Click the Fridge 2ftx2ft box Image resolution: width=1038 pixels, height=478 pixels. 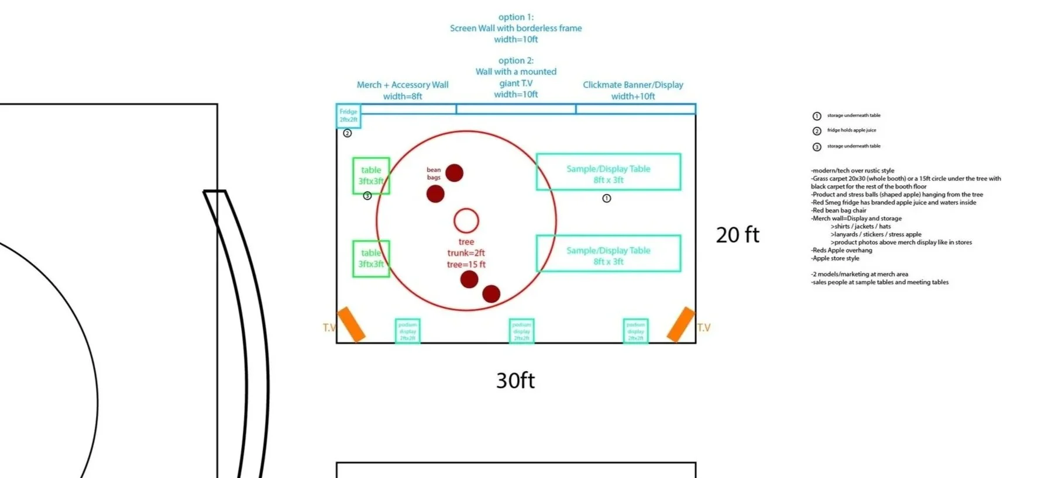(x=348, y=116)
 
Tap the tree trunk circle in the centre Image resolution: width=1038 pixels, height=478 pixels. (x=466, y=220)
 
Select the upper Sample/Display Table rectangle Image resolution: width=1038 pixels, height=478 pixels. (x=609, y=172)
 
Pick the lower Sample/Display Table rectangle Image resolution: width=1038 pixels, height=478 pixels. (x=609, y=254)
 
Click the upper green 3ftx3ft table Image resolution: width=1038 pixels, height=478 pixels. (x=371, y=175)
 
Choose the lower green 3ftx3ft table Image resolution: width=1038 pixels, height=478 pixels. (x=371, y=258)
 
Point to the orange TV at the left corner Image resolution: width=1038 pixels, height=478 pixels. (x=351, y=324)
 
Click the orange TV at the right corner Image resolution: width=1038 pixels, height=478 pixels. (x=680, y=324)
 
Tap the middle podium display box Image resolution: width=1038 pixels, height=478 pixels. (x=521, y=331)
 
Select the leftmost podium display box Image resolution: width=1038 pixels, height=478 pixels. (x=407, y=331)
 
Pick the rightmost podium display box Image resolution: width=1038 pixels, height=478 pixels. (x=635, y=331)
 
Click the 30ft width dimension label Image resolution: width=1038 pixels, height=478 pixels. (x=515, y=380)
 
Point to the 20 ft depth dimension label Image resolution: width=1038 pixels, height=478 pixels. (x=737, y=235)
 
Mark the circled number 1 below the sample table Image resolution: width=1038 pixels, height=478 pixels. (x=607, y=199)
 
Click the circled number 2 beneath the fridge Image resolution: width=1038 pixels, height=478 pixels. (x=347, y=133)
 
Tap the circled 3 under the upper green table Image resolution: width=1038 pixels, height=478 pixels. (x=367, y=196)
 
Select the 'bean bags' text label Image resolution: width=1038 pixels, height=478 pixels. (x=434, y=174)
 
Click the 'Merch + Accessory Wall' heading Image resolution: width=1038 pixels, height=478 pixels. (x=403, y=85)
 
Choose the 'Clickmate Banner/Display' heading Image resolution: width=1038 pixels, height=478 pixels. (x=633, y=85)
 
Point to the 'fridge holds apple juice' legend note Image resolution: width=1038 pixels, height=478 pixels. (x=851, y=130)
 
